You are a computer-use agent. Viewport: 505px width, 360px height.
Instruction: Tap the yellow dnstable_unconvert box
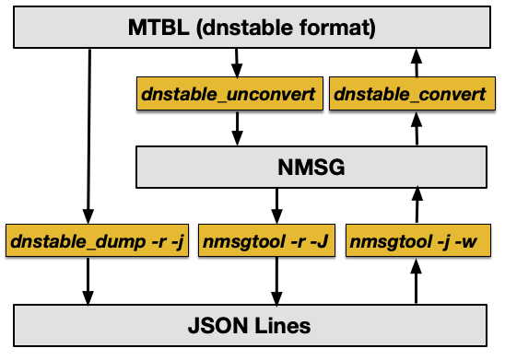click(228, 94)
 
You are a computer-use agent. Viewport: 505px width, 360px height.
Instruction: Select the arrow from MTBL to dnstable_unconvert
click(236, 63)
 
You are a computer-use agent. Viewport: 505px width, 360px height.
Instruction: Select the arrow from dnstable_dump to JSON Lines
click(89, 281)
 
